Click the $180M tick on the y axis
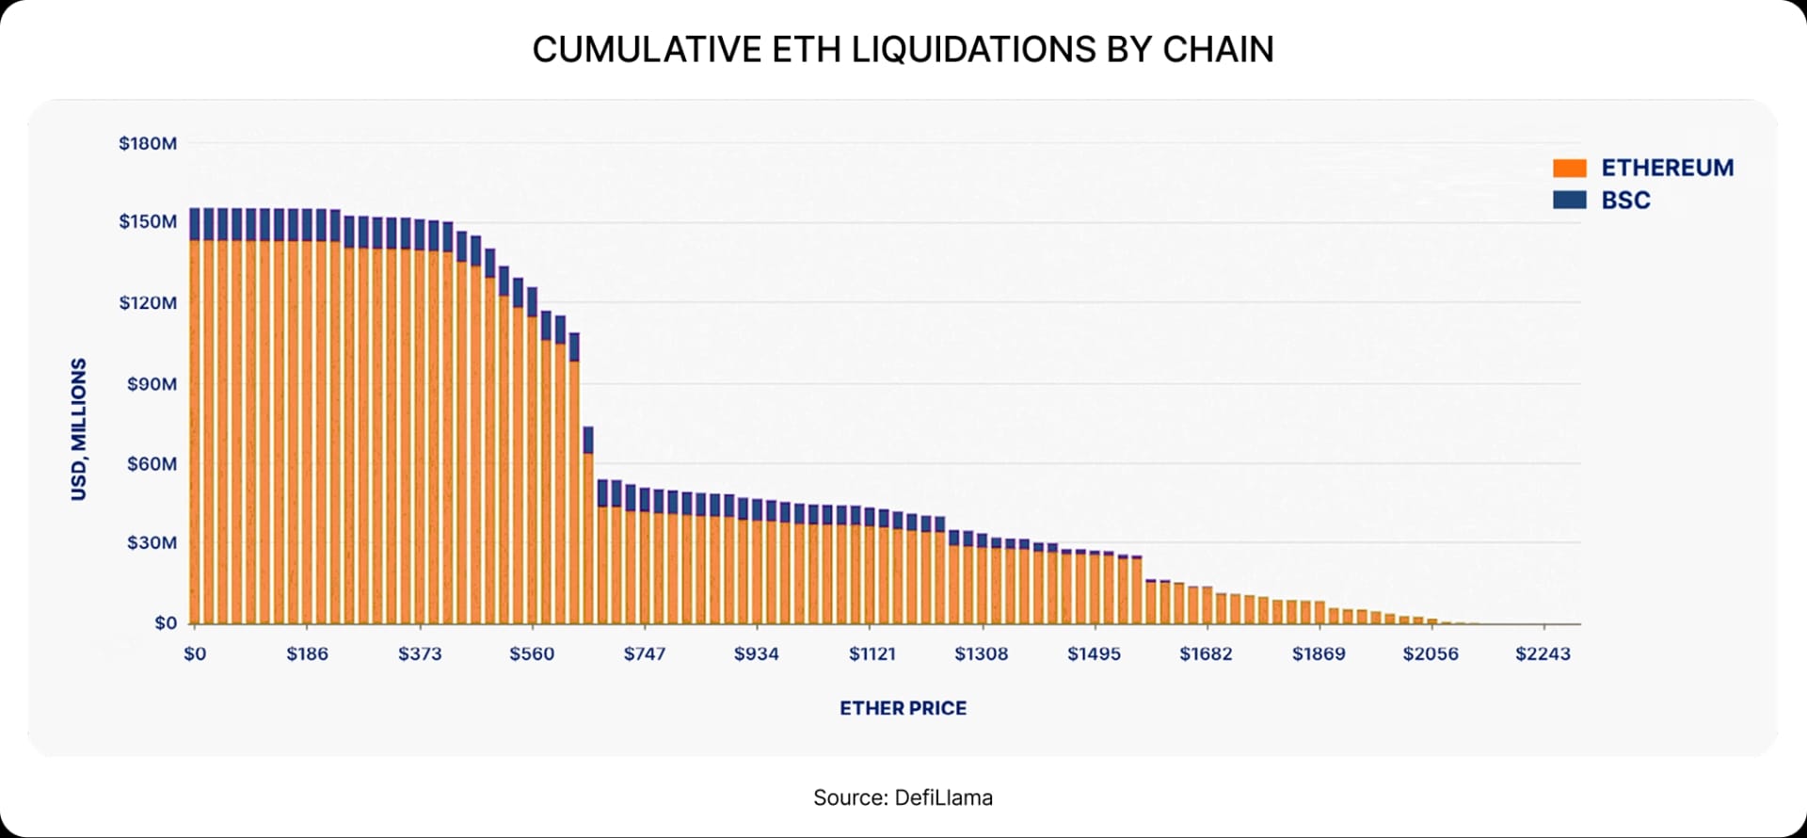coord(148,144)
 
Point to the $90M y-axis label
coord(152,384)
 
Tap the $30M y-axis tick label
coord(152,543)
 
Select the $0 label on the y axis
coord(166,623)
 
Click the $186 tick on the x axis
coord(307,654)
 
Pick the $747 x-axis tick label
coord(644,654)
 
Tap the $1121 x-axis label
coord(872,654)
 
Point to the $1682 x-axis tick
coord(1206,654)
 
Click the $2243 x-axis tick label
coord(1543,654)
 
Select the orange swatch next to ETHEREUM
coord(1570,169)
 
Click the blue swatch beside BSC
coord(1570,201)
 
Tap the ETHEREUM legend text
coord(1667,169)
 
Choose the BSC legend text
coord(1625,201)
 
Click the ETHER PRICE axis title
coord(903,708)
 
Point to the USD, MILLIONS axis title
coord(79,429)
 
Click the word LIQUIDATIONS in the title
coord(974,50)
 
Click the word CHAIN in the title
coord(1218,50)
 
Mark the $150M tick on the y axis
coord(148,222)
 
